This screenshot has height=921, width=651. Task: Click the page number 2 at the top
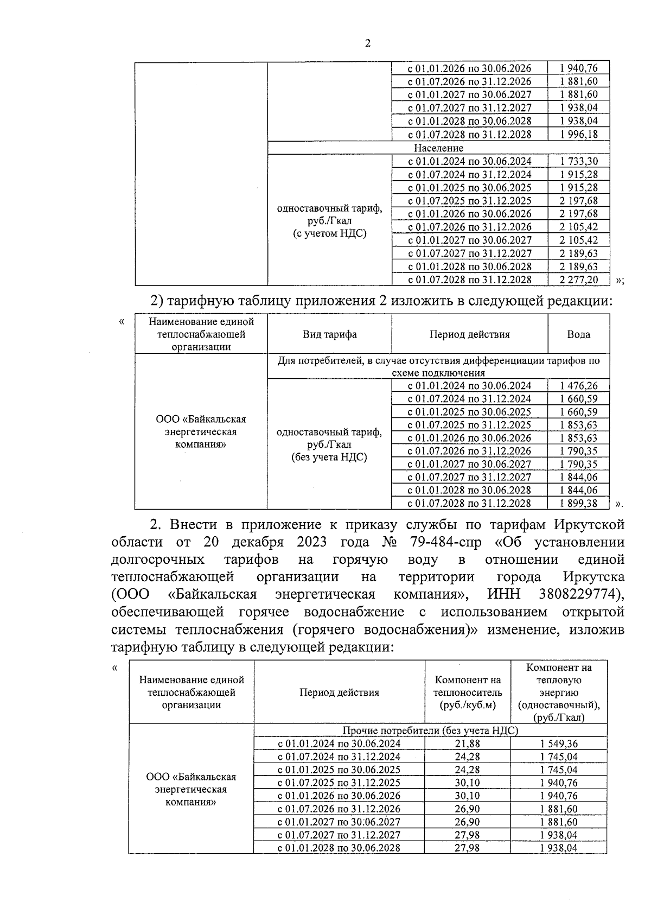(x=368, y=44)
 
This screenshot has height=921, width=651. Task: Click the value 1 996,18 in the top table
(x=579, y=134)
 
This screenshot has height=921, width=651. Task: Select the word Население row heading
(x=438, y=148)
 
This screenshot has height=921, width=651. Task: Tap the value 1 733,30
(x=579, y=161)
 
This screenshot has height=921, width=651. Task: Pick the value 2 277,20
(x=579, y=280)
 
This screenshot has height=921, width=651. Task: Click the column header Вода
(x=578, y=334)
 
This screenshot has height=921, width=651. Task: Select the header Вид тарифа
(x=329, y=334)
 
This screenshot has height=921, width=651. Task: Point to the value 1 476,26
(x=579, y=386)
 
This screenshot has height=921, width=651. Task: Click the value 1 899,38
(x=579, y=503)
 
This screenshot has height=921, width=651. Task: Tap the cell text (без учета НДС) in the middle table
(x=329, y=457)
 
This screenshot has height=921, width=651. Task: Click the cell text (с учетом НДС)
(x=329, y=233)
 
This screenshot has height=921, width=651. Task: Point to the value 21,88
(x=467, y=744)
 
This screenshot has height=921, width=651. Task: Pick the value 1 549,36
(x=559, y=744)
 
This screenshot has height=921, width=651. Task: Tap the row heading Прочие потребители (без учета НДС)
(x=430, y=731)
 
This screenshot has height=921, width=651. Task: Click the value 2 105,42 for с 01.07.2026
(x=579, y=227)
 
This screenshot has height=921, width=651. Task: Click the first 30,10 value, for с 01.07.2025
(x=467, y=783)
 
